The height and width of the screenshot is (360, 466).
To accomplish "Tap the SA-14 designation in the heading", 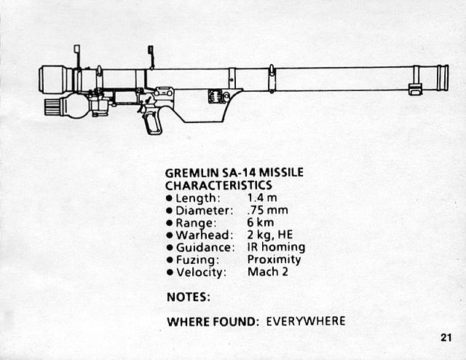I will pos(240,173).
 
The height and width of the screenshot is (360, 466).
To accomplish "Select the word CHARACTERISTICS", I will pos(218,186).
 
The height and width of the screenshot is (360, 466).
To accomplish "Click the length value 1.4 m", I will pos(260,198).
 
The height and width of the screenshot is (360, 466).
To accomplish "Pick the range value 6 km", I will pos(260,223).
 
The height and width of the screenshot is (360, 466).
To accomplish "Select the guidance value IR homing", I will pos(276,247).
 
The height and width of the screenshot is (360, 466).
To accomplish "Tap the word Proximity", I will pos(274,259).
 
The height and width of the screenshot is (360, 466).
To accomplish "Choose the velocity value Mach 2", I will pos(267,272).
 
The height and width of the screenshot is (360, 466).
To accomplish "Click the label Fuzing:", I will pos(197,259).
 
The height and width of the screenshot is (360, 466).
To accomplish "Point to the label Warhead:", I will pos(204,235).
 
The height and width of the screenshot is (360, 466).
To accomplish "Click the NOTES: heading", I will pos(189,297).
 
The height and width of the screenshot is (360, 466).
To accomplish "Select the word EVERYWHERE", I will pos(306,321).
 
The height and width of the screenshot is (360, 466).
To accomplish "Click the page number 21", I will pos(446,337).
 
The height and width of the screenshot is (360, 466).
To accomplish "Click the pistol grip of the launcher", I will pos(151,121).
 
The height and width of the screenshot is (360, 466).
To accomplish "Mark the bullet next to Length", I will pos(170,199).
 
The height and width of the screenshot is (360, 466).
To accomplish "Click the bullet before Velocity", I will pos(170,273).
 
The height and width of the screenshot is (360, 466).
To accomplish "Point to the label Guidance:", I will pos(206,247).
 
